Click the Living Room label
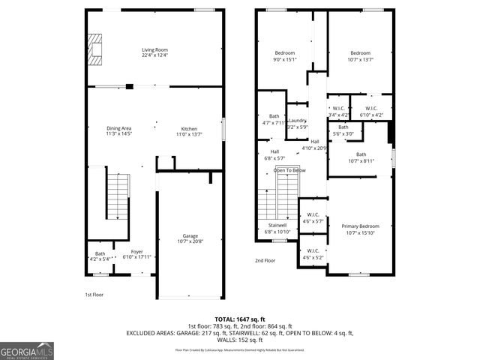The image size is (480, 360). pyautogui.click(x=155, y=52)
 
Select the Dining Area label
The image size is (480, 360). pyautogui.click(x=118, y=130)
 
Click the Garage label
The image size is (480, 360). pyautogui.click(x=190, y=238)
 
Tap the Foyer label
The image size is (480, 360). pyautogui.click(x=136, y=254)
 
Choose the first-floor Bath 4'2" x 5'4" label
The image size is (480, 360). pyautogui.click(x=100, y=256)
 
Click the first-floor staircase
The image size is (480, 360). pyautogui.click(x=118, y=194)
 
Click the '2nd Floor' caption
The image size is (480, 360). pyautogui.click(x=265, y=260)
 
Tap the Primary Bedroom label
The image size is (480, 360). pyautogui.click(x=361, y=229)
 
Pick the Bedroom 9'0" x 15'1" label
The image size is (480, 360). pyautogui.click(x=285, y=55)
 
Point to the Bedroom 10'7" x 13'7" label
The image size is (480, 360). pyautogui.click(x=360, y=55)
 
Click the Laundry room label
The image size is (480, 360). pyautogui.click(x=297, y=123)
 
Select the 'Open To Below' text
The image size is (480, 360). pyautogui.click(x=289, y=170)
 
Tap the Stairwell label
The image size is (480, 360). pyautogui.click(x=277, y=228)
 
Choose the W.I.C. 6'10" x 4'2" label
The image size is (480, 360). pyautogui.click(x=371, y=112)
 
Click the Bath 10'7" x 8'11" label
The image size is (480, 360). pyautogui.click(x=361, y=157)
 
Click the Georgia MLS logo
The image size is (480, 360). pyautogui.click(x=27, y=351)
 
